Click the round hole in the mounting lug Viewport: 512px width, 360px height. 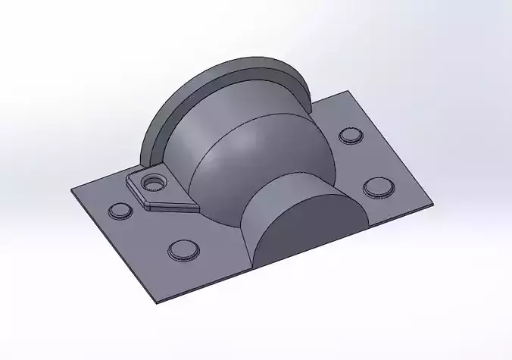click(156, 183)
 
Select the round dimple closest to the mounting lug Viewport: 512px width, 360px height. click(118, 211)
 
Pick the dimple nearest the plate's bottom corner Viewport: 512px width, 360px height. click(182, 249)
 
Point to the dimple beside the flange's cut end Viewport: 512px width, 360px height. click(350, 136)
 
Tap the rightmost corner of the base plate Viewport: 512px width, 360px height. click(434, 203)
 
